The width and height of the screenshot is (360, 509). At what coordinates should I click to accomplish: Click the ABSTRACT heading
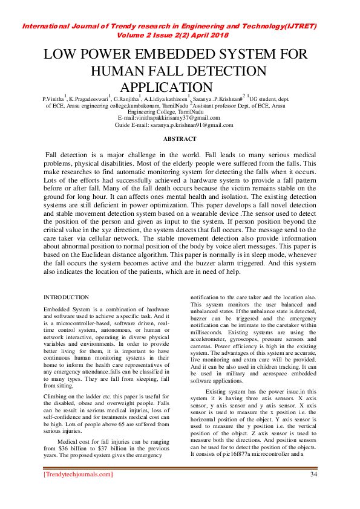point(179,138)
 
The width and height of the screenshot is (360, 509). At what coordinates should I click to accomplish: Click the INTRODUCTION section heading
point(67,297)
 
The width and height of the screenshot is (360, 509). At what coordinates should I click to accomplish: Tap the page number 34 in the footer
point(313,474)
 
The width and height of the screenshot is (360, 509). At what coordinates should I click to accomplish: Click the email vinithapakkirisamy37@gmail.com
point(169,118)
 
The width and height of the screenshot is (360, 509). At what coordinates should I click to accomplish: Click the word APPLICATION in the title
point(167,87)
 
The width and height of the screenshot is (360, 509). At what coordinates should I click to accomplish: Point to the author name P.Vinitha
point(53,98)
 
